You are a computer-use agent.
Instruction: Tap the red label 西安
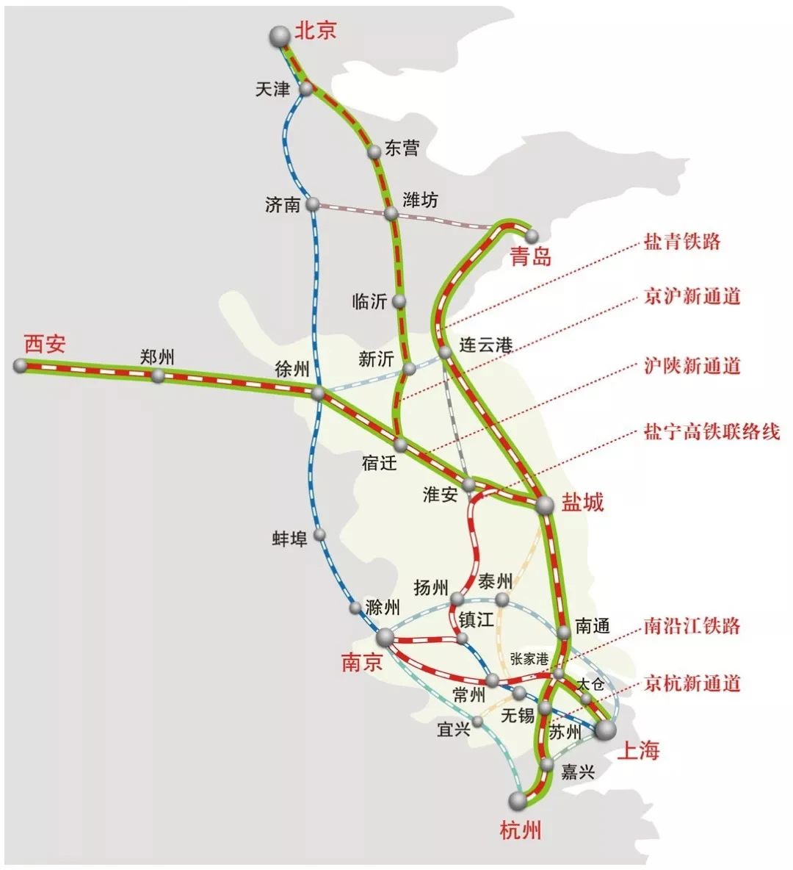coord(45,343)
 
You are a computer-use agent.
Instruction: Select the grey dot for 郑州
coord(158,375)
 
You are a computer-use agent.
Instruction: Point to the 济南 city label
coord(283,204)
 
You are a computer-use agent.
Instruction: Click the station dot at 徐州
coord(318,394)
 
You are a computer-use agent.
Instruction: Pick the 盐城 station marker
coord(545,505)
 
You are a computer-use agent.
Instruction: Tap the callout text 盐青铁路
coord(682,242)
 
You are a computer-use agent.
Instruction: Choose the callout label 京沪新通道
coord(692,297)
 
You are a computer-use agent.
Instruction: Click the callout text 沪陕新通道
coord(692,366)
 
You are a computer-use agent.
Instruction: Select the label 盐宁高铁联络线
coord(711,431)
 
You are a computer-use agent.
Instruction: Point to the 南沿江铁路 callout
coord(692,626)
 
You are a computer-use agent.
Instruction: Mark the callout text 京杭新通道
coord(692,683)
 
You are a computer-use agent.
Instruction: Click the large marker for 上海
coord(606,730)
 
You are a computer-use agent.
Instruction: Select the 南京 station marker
coord(385,637)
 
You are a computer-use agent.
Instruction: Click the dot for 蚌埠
coord(319,535)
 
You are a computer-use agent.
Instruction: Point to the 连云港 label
coord(485,344)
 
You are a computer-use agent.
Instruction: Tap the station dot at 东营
coord(374,151)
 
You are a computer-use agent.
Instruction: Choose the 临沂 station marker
coord(399,301)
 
